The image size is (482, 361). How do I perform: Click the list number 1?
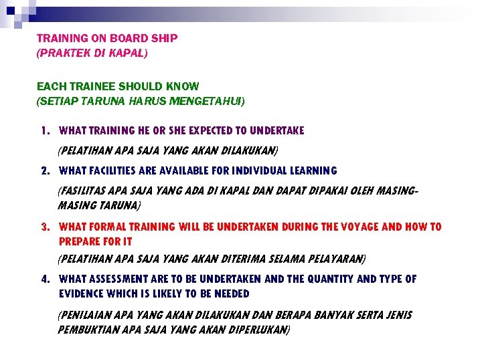(44, 130)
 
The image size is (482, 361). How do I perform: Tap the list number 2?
(44, 170)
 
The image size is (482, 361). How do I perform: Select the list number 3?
(44, 227)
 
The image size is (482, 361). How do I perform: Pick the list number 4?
(44, 279)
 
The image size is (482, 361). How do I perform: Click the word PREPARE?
(79, 241)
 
